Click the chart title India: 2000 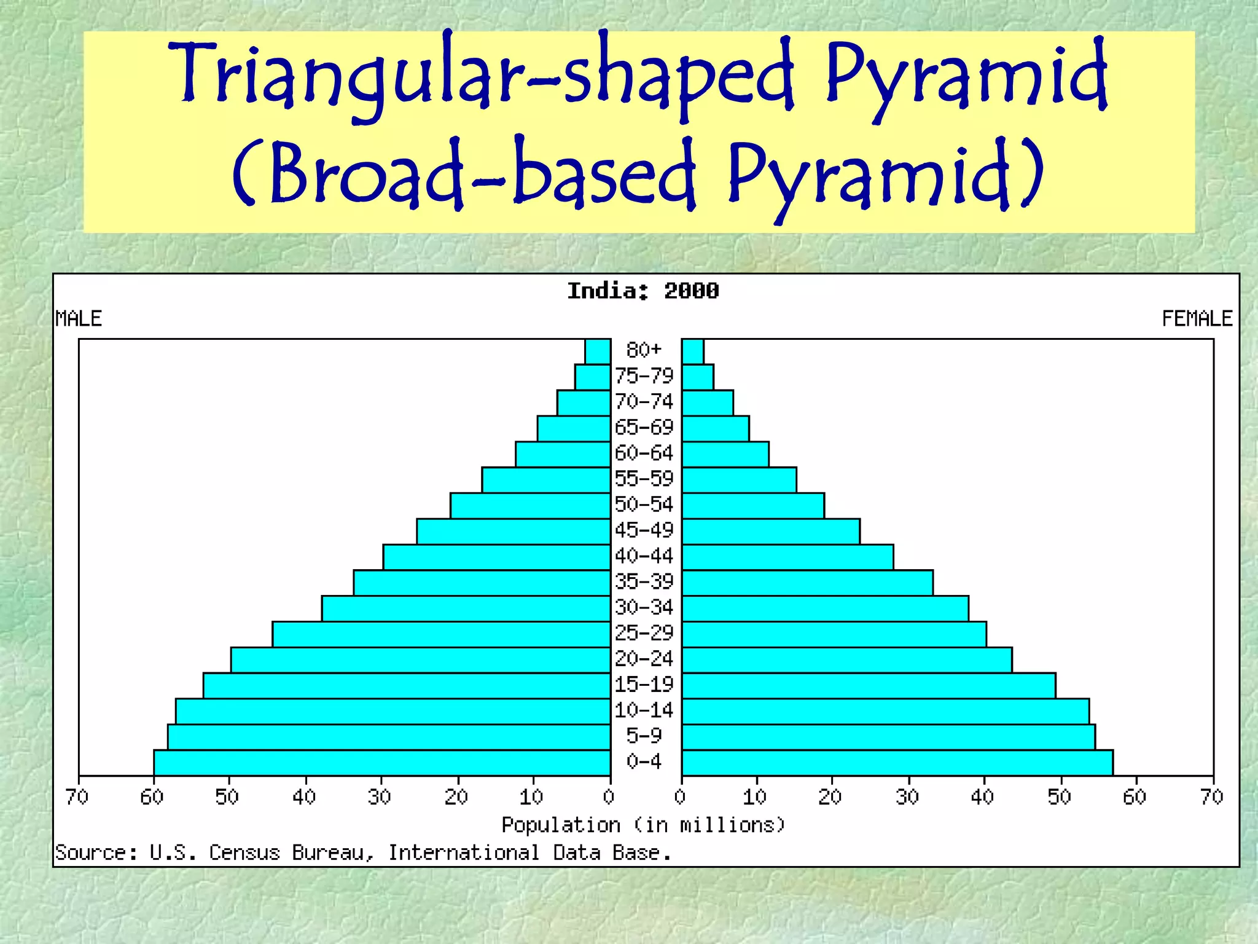(643, 291)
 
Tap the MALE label (79, 319)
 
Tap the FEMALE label (1197, 319)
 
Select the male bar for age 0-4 (382, 763)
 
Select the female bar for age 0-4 (897, 763)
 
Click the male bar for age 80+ (598, 352)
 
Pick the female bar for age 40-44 (787, 557)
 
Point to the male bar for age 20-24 (421, 660)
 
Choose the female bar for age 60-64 (725, 454)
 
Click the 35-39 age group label (644, 581)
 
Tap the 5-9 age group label (644, 736)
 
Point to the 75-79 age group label (644, 376)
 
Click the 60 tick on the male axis (152, 797)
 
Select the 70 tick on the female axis (1212, 797)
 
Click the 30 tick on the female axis (907, 797)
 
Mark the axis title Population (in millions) (643, 825)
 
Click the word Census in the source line (244, 853)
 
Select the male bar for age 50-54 (530, 506)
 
